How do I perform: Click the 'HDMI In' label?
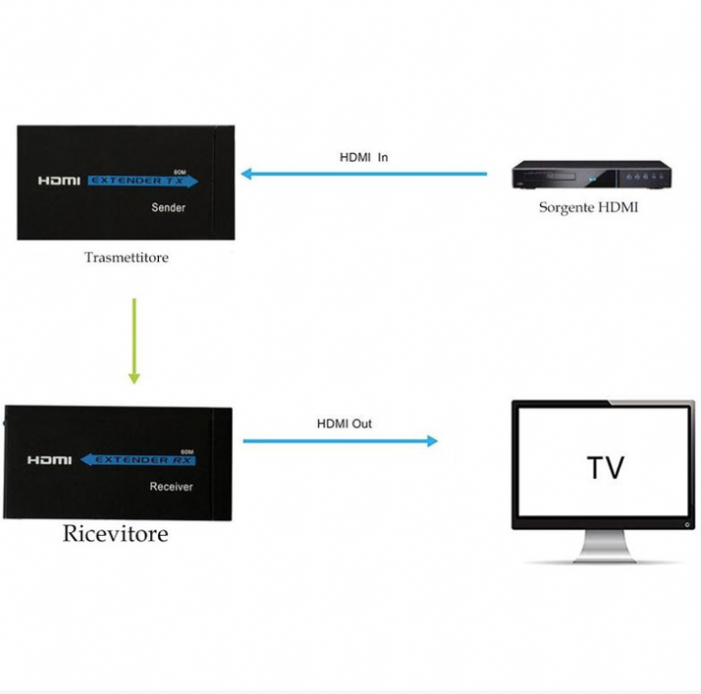[364, 157]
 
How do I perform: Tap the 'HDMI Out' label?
[343, 423]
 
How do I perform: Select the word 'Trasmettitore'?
[126, 258]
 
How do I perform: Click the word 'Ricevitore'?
[115, 534]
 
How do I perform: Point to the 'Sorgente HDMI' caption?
[588, 207]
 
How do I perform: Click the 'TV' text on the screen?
[605, 468]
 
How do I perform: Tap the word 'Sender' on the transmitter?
[168, 208]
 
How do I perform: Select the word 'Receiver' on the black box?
[171, 487]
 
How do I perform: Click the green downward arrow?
[134, 341]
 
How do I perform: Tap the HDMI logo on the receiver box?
[49, 460]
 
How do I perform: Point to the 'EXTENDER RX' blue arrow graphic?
[138, 460]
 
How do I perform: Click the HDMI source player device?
[591, 175]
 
